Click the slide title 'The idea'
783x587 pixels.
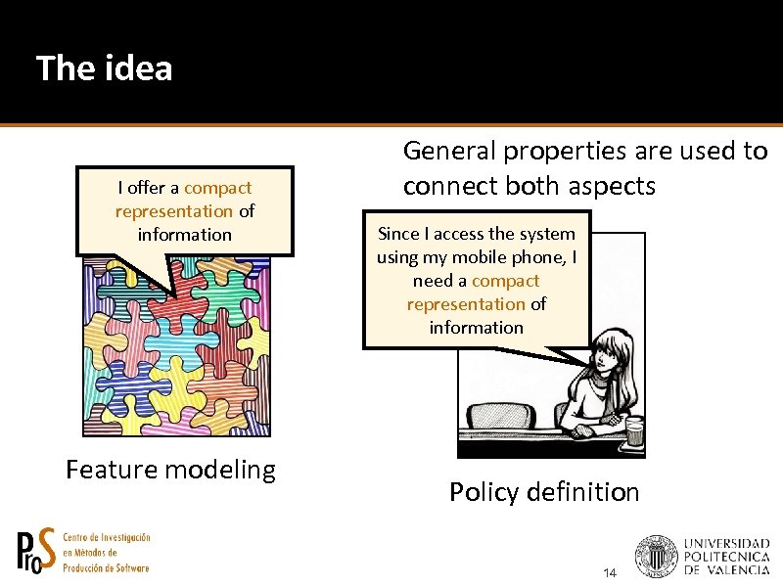coord(104,68)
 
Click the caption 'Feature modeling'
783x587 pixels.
coord(170,470)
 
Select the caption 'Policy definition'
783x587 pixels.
coord(543,492)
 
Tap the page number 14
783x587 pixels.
coord(611,571)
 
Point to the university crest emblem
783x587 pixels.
coord(656,556)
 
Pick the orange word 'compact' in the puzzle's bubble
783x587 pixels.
coord(217,188)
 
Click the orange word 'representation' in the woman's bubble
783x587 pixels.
coord(466,304)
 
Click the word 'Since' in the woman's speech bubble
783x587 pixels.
coord(397,234)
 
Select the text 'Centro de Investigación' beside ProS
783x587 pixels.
coord(106,538)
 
